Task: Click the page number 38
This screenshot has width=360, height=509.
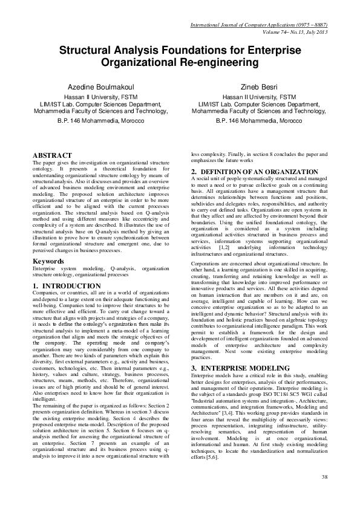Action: (x=324, y=478)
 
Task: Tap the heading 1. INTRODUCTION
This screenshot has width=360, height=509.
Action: (x=67, y=285)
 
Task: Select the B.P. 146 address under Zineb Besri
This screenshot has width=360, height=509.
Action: (x=260, y=121)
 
